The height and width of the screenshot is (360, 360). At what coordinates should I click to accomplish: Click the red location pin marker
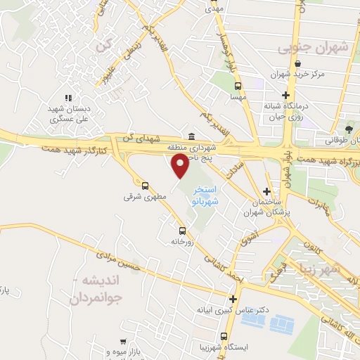click(x=181, y=165)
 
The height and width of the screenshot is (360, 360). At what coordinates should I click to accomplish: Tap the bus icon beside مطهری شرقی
click(x=145, y=186)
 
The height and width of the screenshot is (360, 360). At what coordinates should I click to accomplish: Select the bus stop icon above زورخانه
click(x=183, y=231)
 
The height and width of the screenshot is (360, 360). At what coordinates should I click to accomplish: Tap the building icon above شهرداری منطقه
click(x=191, y=137)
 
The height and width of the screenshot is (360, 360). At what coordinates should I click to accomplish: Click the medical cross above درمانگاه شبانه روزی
click(x=285, y=95)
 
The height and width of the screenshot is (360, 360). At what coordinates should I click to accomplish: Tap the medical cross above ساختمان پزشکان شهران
click(x=266, y=191)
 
